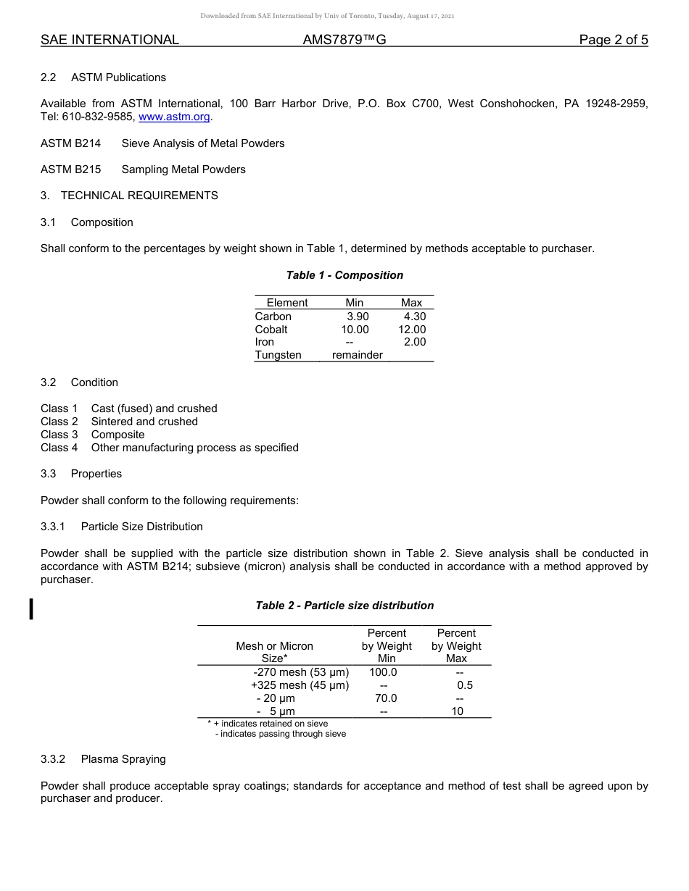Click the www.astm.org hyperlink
[x=174, y=117]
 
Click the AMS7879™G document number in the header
[x=344, y=40]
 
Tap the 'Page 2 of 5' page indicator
[x=613, y=40]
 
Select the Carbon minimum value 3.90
[x=358, y=317]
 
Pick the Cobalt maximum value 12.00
[x=412, y=330]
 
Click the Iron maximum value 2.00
[x=415, y=342]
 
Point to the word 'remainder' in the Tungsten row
[x=358, y=355]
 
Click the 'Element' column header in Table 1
[x=287, y=303]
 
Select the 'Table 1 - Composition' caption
[x=344, y=275]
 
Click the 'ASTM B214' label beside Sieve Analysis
[x=70, y=143]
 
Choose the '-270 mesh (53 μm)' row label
[x=301, y=672]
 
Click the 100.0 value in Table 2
[x=383, y=672]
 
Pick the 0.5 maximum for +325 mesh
[x=465, y=685]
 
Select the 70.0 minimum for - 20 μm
[x=386, y=698]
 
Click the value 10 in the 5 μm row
[x=457, y=711]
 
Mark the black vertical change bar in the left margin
[x=31, y=608]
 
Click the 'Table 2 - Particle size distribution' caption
[x=344, y=606]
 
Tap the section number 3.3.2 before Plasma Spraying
[x=53, y=759]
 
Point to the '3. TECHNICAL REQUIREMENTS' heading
[x=129, y=196]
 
